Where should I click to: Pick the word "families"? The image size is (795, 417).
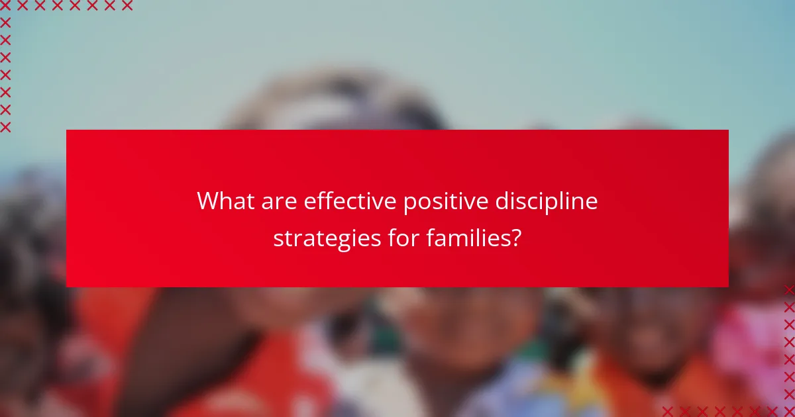pos(468,237)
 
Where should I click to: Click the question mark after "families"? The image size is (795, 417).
pos(515,237)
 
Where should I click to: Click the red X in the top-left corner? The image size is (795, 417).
pos(5,5)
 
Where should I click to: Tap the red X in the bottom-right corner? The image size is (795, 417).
pos(789,411)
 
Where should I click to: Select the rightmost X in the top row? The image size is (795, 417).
pos(127,5)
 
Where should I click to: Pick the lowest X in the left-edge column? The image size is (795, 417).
pos(5,126)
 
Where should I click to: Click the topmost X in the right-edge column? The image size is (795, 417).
pos(789,290)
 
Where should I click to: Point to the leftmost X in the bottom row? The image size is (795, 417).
pos(668,411)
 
